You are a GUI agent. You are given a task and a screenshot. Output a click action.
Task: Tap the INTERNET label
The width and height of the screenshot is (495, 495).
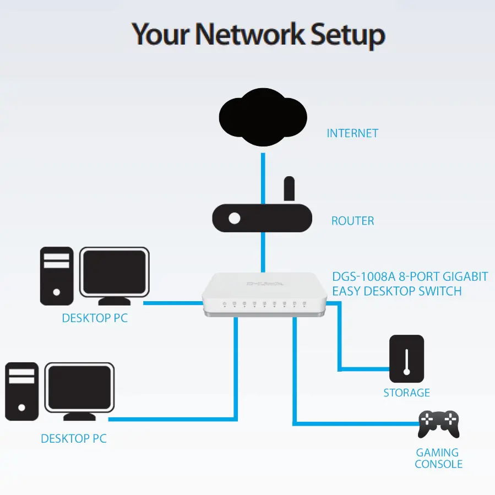pyautogui.click(x=352, y=133)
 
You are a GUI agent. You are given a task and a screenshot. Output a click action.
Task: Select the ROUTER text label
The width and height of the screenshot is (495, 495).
pyautogui.click(x=352, y=221)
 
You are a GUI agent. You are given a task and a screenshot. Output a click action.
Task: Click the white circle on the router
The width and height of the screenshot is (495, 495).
pyautogui.click(x=235, y=218)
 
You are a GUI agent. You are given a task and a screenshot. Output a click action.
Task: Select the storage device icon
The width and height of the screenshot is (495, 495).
pyautogui.click(x=406, y=359)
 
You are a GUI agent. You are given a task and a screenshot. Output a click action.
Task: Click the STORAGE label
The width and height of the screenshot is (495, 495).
pyautogui.click(x=406, y=393)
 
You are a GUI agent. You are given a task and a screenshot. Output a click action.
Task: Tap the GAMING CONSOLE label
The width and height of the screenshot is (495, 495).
pyautogui.click(x=438, y=458)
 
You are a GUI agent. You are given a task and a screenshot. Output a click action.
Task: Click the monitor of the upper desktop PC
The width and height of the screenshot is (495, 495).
pyautogui.click(x=115, y=272)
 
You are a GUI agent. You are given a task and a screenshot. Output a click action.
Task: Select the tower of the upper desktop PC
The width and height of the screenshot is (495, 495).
pyautogui.click(x=57, y=275)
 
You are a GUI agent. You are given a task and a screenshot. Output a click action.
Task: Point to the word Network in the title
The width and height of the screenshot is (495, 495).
pyautogui.click(x=251, y=34)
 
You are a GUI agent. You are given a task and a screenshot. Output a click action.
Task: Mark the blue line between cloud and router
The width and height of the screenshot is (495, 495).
pyautogui.click(x=263, y=176)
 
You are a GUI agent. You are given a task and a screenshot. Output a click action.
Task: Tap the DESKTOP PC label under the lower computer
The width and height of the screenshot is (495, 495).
pyautogui.click(x=74, y=439)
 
